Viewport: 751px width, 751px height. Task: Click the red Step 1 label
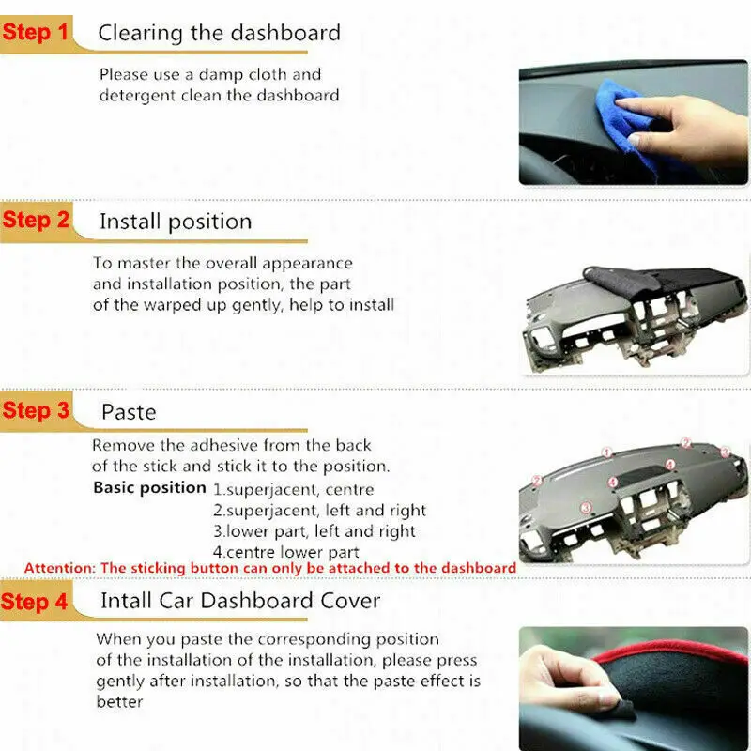(36, 33)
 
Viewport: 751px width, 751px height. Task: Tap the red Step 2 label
(36, 221)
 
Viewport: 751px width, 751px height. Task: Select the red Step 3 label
(36, 410)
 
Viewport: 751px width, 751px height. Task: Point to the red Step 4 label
(36, 601)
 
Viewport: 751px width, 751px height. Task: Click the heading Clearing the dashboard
(219, 33)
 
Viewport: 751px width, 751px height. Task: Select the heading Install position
(176, 222)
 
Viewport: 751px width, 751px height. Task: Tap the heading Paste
(129, 412)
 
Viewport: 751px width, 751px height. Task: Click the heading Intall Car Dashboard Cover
(240, 601)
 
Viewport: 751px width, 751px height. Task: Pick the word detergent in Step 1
(140, 95)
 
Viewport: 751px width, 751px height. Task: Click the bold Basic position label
(149, 488)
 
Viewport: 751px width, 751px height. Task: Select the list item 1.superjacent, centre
(293, 489)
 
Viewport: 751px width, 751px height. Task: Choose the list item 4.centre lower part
(286, 552)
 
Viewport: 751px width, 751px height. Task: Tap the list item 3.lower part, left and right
(314, 531)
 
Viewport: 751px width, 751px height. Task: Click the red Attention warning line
(270, 568)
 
